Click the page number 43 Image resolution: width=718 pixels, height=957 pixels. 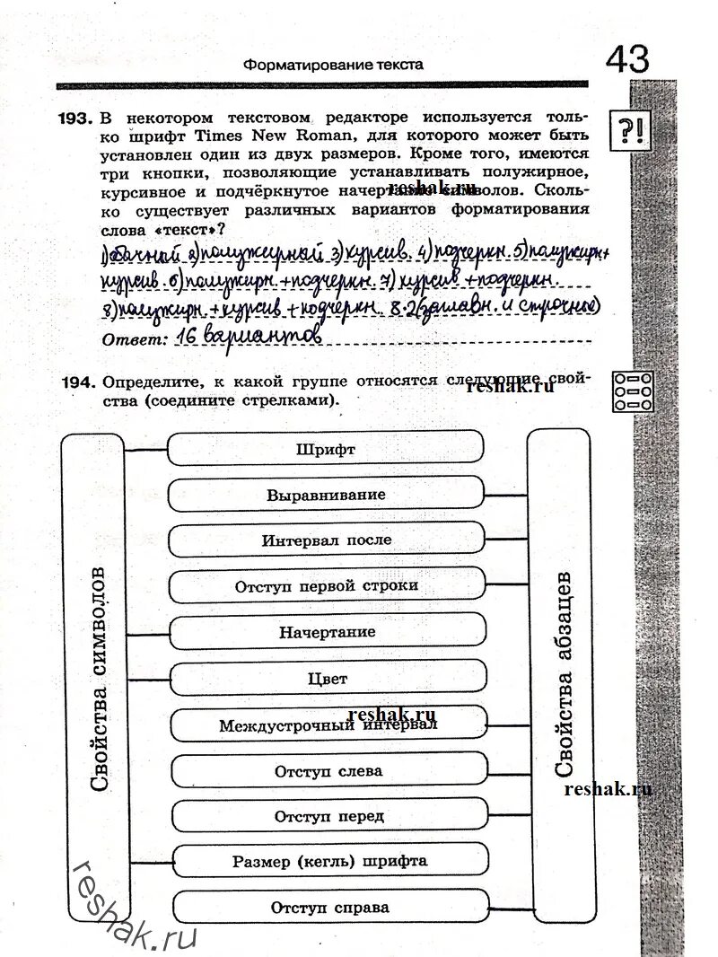[627, 59]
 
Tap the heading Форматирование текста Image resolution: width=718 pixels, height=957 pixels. [333, 65]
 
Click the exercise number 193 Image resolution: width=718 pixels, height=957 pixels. [75, 119]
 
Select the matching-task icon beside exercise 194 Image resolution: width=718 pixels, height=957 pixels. [634, 391]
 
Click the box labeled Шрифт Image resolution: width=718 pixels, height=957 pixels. [325, 449]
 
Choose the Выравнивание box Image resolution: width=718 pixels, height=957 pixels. [326, 495]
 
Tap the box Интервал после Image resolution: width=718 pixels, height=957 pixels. [327, 540]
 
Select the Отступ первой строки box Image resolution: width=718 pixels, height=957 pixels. [327, 586]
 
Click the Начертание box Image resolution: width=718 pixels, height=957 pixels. [327, 632]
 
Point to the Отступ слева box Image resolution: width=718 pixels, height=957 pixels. [328, 770]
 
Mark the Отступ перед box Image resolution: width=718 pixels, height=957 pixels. [328, 816]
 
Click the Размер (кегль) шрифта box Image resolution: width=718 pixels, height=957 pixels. [329, 861]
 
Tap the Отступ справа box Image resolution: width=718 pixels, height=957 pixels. [330, 907]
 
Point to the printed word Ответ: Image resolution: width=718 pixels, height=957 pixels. [135, 339]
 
